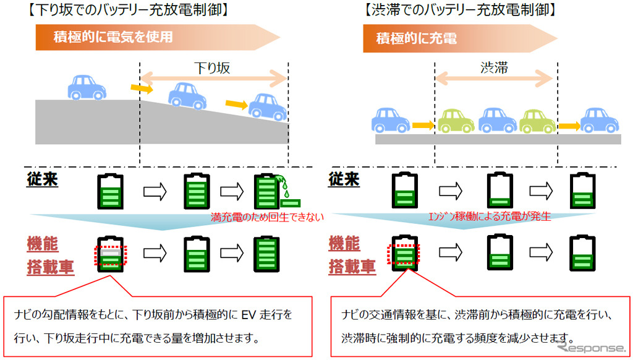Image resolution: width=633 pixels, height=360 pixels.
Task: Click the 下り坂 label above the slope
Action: (x=212, y=68)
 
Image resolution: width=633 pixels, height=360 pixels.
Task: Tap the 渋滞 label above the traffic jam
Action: (x=493, y=68)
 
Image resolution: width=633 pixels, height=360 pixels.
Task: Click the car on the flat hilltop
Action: (x=85, y=87)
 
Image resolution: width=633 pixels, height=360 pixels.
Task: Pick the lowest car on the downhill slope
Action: (x=268, y=106)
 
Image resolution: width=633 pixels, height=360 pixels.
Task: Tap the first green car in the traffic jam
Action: (x=456, y=121)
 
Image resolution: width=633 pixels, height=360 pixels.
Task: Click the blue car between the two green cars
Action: (x=497, y=121)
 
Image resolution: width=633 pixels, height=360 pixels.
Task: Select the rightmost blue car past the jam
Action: (x=599, y=121)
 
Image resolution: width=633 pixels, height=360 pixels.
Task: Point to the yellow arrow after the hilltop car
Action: (x=142, y=90)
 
